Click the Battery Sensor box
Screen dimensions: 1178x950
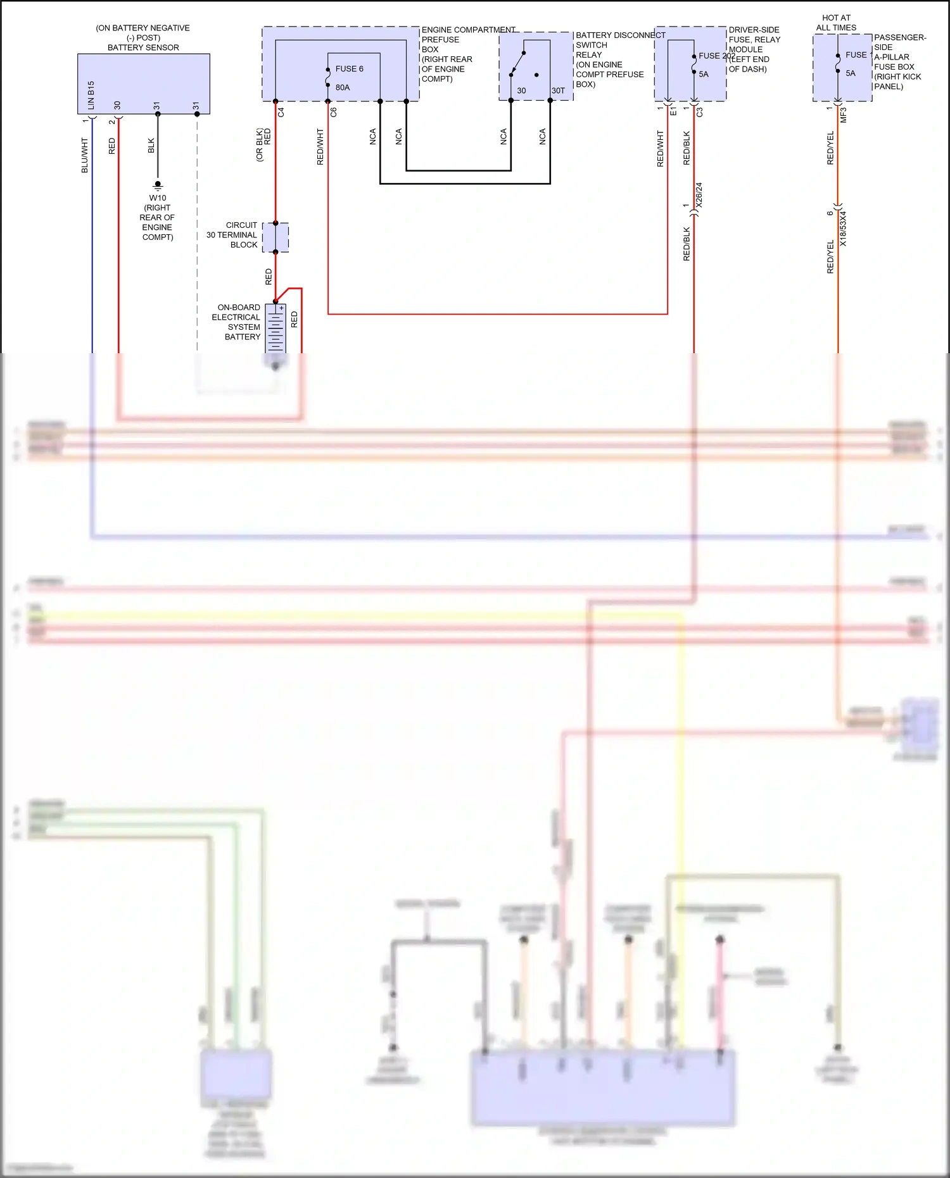coord(143,84)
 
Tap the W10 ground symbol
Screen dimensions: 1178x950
coord(158,185)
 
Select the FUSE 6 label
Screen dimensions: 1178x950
coord(349,68)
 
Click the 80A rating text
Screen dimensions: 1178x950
coord(343,87)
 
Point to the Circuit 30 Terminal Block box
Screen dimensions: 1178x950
coord(276,237)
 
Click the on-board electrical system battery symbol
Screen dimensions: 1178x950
coord(275,328)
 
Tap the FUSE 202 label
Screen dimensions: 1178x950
coord(716,56)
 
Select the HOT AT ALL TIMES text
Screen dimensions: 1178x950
coord(836,23)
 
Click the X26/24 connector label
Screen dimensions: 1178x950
coord(699,195)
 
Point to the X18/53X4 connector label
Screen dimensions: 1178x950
coord(843,229)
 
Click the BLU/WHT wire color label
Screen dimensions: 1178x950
coord(84,156)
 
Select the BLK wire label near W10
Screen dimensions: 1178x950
coord(151,146)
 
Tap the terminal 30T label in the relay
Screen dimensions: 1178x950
coord(558,91)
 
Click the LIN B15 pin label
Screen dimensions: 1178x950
coord(91,95)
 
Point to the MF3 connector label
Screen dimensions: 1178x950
coord(843,115)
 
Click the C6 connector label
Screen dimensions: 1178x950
coord(334,112)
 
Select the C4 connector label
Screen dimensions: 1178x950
coord(281,112)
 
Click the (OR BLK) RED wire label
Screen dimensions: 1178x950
coord(263,145)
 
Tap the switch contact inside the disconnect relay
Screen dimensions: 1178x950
coord(517,64)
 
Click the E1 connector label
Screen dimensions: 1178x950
coord(673,111)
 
